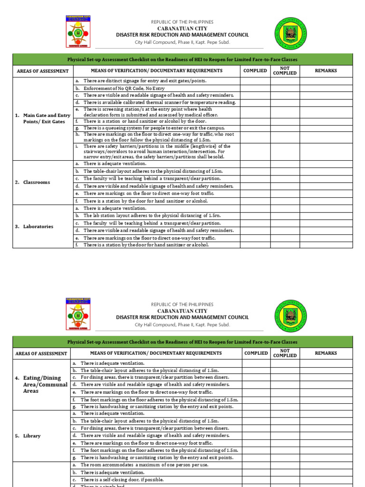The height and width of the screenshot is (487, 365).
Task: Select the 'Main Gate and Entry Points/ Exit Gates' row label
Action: click(43, 118)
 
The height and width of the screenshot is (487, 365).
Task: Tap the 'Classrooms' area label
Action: click(36, 182)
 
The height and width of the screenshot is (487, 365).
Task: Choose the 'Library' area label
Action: click(33, 436)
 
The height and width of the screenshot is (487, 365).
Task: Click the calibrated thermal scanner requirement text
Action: click(159, 102)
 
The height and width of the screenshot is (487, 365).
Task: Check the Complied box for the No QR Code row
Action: click(255, 88)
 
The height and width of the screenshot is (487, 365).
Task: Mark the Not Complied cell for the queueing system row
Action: click(285, 128)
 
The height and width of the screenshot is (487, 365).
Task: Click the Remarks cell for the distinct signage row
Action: click(326, 81)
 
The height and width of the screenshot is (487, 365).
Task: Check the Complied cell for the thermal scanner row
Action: click(255, 102)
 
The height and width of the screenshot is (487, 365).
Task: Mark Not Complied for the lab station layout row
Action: click(285, 215)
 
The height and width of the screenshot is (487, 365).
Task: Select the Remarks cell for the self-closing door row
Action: click(327, 480)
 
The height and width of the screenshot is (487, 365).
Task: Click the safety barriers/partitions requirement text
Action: click(157, 151)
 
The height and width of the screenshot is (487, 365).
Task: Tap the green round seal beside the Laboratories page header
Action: click(291, 35)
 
